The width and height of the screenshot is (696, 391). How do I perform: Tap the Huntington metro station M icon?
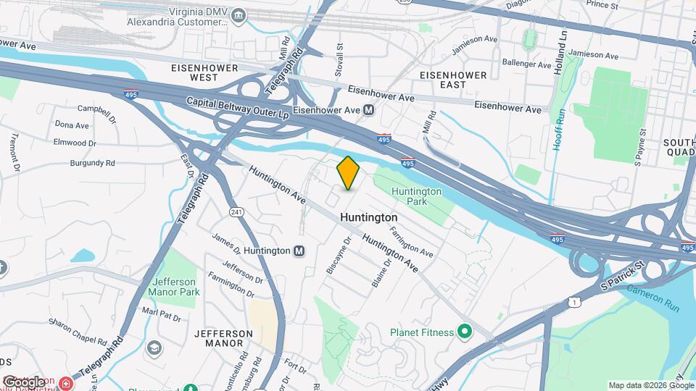[299, 251]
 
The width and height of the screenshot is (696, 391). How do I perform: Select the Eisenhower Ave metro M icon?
[368, 110]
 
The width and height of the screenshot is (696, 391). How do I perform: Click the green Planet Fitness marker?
[465, 332]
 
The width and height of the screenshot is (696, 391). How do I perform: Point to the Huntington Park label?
[416, 196]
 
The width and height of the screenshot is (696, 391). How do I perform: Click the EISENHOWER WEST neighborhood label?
[194, 72]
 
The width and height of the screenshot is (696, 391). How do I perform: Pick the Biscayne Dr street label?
[339, 254]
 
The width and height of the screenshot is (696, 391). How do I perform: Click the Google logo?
[23, 381]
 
